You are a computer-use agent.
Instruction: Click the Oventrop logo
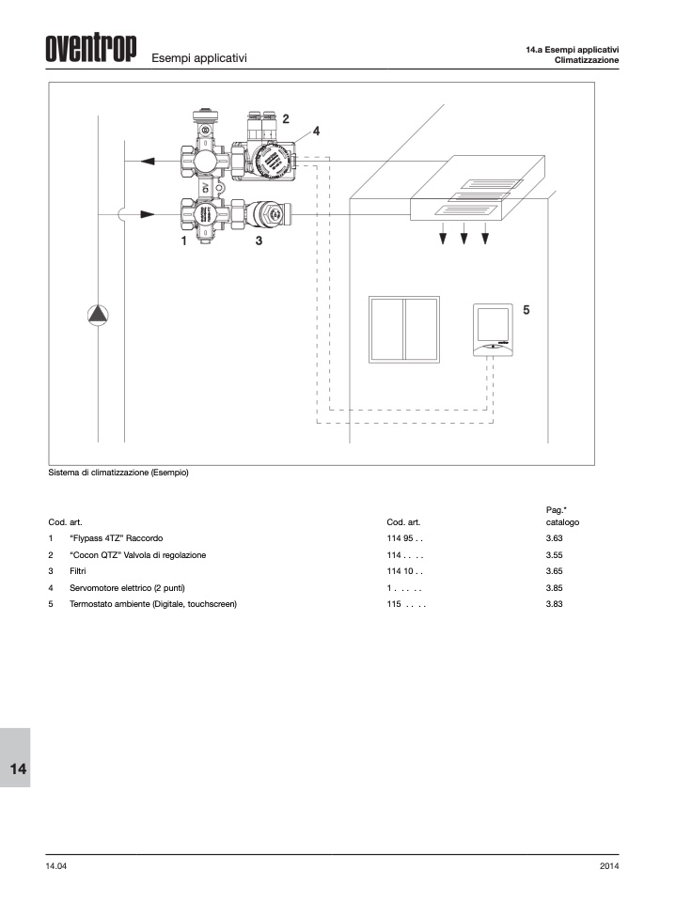[x=91, y=48]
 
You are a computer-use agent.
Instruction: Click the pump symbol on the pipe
[x=98, y=315]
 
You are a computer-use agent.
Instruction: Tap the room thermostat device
[x=493, y=330]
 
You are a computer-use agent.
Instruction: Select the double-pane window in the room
[x=404, y=330]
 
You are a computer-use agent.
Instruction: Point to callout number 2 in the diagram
[x=286, y=118]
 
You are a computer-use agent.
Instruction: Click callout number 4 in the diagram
[x=316, y=132]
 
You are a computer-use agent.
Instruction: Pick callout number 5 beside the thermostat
[x=527, y=310]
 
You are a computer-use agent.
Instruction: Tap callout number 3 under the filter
[x=259, y=241]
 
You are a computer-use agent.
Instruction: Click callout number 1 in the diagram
[x=183, y=241]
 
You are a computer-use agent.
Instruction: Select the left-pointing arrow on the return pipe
[x=148, y=161]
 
